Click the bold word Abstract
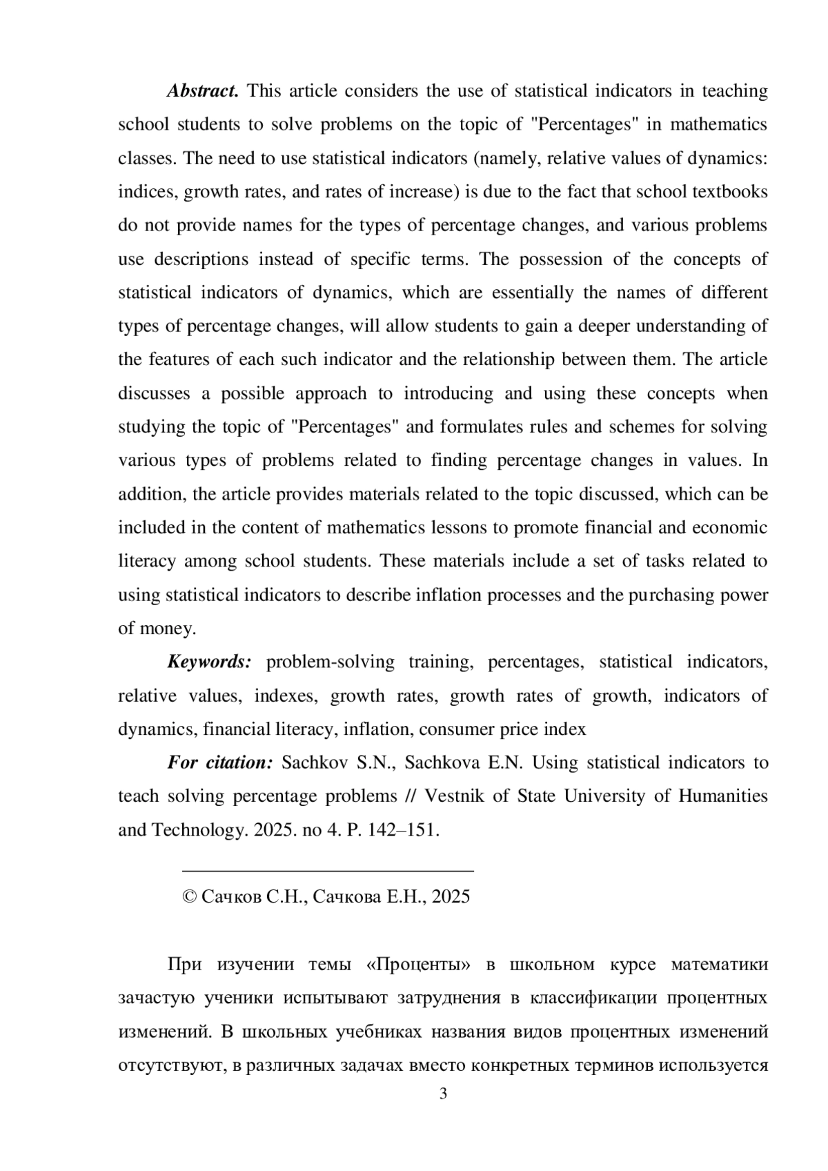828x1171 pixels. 202,91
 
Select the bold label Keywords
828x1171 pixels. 209,662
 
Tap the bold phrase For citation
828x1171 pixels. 220,762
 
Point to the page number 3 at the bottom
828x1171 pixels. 443,1094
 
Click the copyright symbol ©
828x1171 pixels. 188,896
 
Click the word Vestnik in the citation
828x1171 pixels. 455,796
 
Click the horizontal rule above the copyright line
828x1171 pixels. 327,872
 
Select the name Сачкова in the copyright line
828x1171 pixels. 347,896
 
